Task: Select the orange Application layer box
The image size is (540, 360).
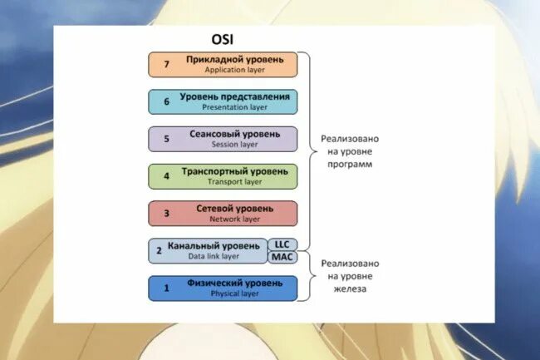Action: [223, 65]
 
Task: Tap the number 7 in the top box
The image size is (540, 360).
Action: [166, 65]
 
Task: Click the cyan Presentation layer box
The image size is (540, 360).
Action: [223, 101]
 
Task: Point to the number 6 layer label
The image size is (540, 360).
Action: [166, 102]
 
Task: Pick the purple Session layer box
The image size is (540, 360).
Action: [223, 139]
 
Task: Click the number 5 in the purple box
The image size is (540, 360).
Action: [166, 139]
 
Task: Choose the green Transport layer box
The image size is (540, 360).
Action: [223, 176]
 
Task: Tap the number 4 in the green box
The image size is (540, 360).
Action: [166, 176]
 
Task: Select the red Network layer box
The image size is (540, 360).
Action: [223, 213]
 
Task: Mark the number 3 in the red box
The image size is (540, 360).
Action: [166, 214]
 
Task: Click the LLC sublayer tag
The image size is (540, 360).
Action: [282, 244]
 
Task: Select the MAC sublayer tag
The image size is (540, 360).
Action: [282, 258]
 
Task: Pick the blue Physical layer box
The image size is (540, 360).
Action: [223, 288]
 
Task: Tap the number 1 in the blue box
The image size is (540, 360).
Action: [166, 288]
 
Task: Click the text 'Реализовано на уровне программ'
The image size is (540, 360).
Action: [349, 151]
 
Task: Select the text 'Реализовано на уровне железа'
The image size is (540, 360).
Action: [349, 276]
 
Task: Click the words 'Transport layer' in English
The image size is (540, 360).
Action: [234, 182]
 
